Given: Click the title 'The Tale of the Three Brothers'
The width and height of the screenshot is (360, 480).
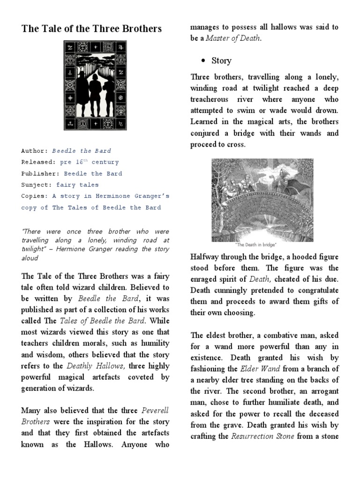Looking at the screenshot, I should point(91,29).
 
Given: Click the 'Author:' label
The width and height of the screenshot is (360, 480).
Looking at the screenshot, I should point(35,151).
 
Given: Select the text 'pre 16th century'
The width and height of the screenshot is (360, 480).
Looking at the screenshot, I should point(90,162).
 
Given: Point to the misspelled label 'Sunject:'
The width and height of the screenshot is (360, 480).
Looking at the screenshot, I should point(37,185).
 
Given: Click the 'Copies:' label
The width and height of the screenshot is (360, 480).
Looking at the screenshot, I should point(35,196).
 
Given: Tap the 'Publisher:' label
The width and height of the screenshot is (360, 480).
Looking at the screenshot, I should point(40,173).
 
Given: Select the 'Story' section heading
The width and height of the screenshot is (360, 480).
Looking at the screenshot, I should point(221,61).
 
